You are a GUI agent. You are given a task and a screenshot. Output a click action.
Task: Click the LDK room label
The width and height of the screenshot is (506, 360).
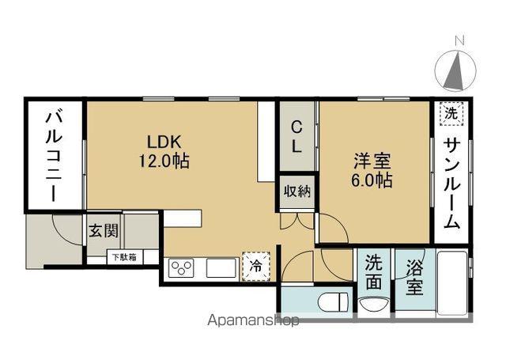tap(164, 142)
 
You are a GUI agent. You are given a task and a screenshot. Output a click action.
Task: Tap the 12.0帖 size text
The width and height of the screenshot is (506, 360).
tap(164, 161)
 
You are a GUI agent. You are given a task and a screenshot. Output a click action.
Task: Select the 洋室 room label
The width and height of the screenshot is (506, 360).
tap(372, 161)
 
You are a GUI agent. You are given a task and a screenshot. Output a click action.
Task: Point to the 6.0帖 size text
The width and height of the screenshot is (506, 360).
tap(372, 180)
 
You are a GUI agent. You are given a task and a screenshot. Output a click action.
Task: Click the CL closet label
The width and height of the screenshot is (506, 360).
tap(296, 137)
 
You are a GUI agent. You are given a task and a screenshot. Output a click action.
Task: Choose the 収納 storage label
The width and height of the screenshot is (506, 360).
tap(297, 191)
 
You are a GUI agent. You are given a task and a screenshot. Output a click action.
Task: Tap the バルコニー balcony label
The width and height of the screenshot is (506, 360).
tap(54, 157)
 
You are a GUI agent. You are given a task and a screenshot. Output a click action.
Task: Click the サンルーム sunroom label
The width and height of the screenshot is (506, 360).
tap(451, 184)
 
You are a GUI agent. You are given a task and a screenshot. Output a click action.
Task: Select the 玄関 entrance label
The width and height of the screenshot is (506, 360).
tap(104, 230)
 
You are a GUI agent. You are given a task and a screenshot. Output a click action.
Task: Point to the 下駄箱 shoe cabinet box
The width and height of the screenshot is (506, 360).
tap(124, 257)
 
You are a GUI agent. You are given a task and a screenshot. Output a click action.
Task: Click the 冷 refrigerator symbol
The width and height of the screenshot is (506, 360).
tap(256, 267)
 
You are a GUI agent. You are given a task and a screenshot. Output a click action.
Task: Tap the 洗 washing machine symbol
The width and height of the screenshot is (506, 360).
tap(451, 113)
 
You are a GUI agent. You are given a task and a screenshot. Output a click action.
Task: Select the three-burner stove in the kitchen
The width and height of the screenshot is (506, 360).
tap(181, 267)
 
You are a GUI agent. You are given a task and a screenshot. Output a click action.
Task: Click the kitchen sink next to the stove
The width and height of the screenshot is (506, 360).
tap(221, 267)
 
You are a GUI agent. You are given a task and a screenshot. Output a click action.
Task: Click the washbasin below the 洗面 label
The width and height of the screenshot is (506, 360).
tap(374, 305)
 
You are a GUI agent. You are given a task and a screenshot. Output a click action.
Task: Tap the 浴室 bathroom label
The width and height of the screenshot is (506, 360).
tap(414, 278)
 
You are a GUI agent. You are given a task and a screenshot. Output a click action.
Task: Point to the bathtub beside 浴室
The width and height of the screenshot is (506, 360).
tap(451, 282)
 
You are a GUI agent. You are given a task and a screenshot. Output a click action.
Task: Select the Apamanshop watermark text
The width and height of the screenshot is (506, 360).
tap(253, 320)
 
